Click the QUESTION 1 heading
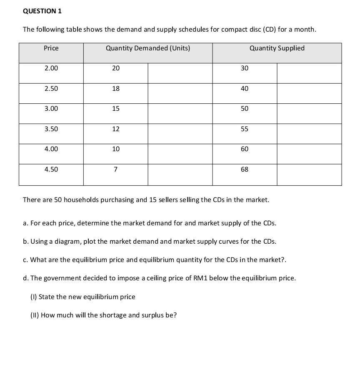pos(42,11)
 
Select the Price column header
pos(51,48)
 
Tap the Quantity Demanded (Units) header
pos(148,48)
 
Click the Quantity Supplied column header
pos(277,48)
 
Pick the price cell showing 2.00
pos(51,68)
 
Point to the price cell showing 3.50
pos(51,129)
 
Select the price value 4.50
pos(51,170)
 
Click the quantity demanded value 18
pos(116,89)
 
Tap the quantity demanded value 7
pos(116,170)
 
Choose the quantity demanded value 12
pos(116,129)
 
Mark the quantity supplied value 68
pos(245,170)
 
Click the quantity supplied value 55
pos(245,129)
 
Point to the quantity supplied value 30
pos(245,68)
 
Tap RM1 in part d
pos(201,278)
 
